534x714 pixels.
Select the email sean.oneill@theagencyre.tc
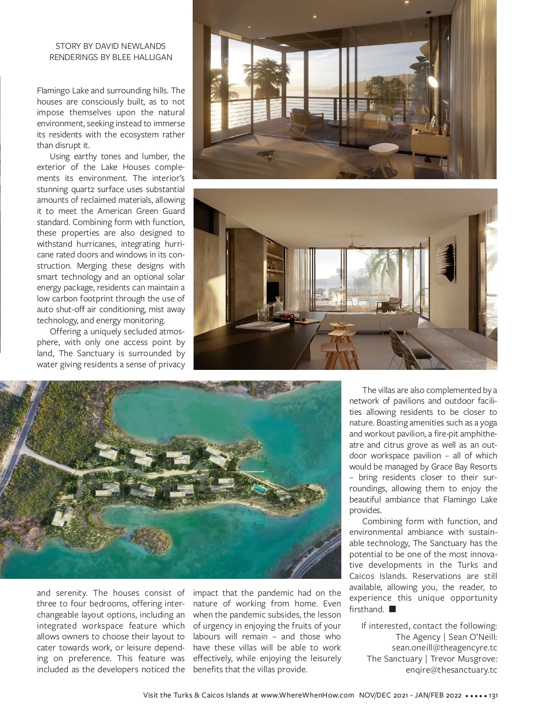[x=444, y=648]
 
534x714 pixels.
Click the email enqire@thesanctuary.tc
[x=451, y=670]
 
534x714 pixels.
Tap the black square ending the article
[x=392, y=609]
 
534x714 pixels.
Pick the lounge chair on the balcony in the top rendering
[x=307, y=117]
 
